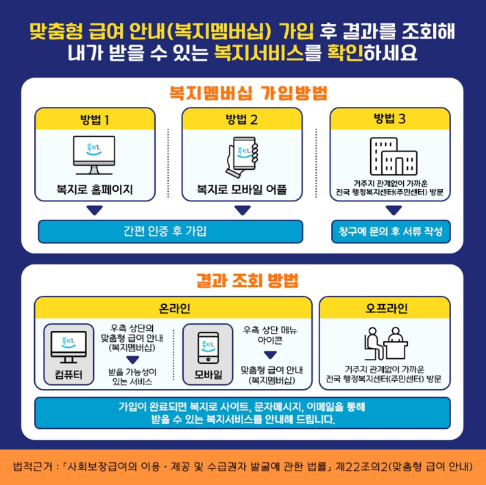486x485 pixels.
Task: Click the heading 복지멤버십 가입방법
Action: pos(243,92)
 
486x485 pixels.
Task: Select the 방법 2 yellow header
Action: pos(242,119)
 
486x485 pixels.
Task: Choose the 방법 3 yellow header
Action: pos(390,119)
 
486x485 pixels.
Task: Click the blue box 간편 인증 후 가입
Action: pos(170,231)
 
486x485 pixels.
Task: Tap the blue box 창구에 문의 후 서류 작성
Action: pos(390,231)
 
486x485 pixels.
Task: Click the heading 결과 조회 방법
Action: pos(243,281)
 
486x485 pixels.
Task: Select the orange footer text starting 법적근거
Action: pos(243,467)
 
